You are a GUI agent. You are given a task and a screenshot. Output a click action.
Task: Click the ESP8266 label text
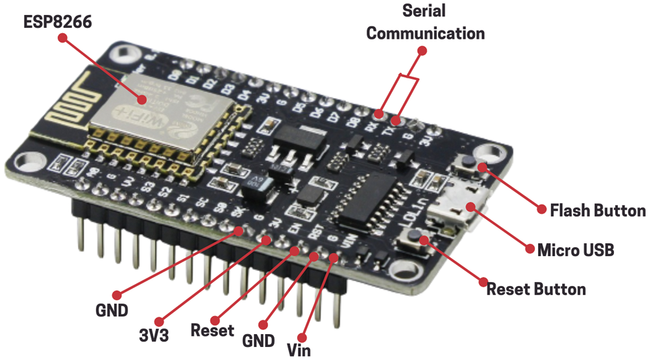pos(58,22)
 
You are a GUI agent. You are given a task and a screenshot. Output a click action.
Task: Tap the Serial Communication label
pos(425,23)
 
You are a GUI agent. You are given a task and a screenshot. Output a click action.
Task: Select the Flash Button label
pos(597,210)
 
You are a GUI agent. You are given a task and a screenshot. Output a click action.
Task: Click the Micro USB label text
pos(576,250)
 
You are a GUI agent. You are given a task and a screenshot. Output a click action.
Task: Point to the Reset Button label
pos(536,289)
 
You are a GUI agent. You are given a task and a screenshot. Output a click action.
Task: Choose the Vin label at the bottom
pos(299,350)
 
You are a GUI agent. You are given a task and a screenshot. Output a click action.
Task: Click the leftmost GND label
pos(112,309)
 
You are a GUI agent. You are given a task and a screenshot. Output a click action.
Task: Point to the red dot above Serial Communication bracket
pos(422,50)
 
